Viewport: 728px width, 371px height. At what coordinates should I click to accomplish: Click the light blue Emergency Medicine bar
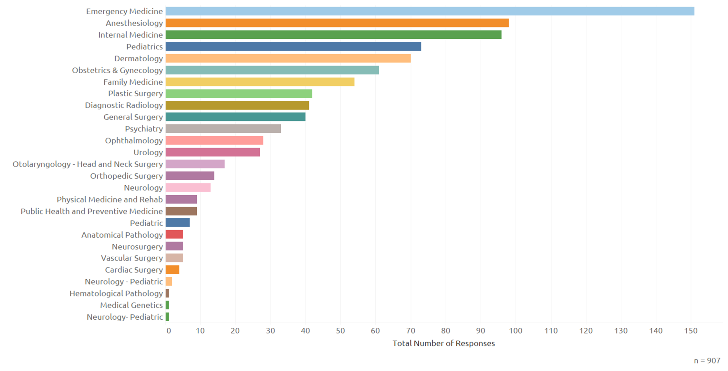(430, 11)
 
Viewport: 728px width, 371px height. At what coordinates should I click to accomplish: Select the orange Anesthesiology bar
(337, 23)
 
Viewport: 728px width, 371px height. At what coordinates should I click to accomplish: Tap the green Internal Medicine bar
(334, 35)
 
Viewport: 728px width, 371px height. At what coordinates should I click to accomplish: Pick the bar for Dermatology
(288, 58)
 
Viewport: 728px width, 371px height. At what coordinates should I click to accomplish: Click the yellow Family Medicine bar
(260, 82)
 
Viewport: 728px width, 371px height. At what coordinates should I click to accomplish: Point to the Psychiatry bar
(223, 129)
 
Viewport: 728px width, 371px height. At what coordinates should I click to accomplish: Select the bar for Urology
(213, 152)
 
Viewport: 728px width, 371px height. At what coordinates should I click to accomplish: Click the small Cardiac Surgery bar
(172, 270)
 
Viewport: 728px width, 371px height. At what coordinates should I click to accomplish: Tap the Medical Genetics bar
(167, 305)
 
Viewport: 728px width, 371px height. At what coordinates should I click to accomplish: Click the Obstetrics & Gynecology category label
(117, 70)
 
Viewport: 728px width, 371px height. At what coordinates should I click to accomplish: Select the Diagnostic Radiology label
(124, 106)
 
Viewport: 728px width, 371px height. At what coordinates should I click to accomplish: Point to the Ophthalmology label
(134, 141)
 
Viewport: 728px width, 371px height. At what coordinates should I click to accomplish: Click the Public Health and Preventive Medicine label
(92, 211)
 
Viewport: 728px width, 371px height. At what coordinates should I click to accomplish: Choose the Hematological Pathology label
(116, 294)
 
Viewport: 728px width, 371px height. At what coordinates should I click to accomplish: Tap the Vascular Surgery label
(132, 258)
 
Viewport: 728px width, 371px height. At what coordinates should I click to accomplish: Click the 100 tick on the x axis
(516, 331)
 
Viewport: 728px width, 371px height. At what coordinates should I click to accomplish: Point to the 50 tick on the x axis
(340, 331)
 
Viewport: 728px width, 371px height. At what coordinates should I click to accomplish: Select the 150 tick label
(691, 331)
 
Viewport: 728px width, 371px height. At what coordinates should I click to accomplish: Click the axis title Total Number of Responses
(444, 343)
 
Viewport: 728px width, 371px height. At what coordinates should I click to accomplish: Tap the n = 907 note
(707, 361)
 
